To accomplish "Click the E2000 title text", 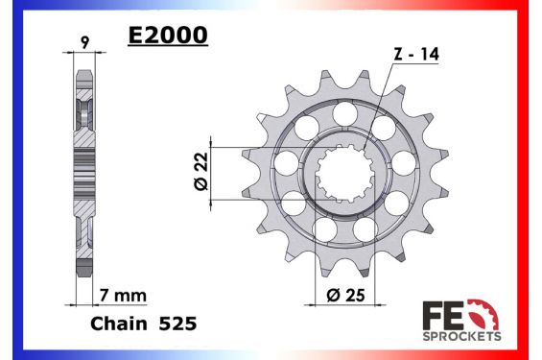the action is tap(168, 36).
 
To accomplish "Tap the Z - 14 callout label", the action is tap(416, 55).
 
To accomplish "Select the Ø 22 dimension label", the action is tap(201, 172).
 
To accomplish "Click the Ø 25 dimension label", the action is tap(345, 295).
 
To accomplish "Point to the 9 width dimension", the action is tap(84, 42).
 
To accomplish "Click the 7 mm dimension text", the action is tap(123, 296).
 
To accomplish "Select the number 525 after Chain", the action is tap(177, 324).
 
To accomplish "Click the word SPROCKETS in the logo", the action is tap(461, 336).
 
